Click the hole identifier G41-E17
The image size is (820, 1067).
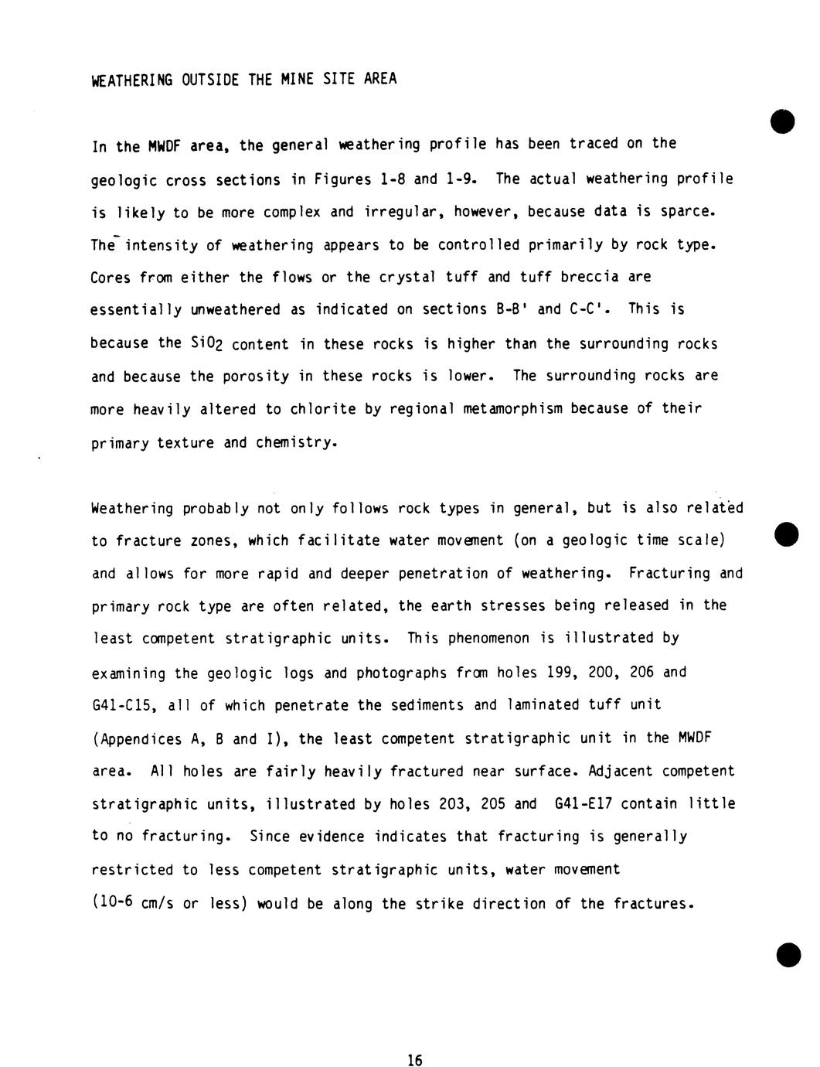(x=584, y=803)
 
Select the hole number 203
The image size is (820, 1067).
(x=451, y=803)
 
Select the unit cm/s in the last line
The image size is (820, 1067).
(x=158, y=904)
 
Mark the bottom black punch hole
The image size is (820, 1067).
(x=789, y=955)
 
